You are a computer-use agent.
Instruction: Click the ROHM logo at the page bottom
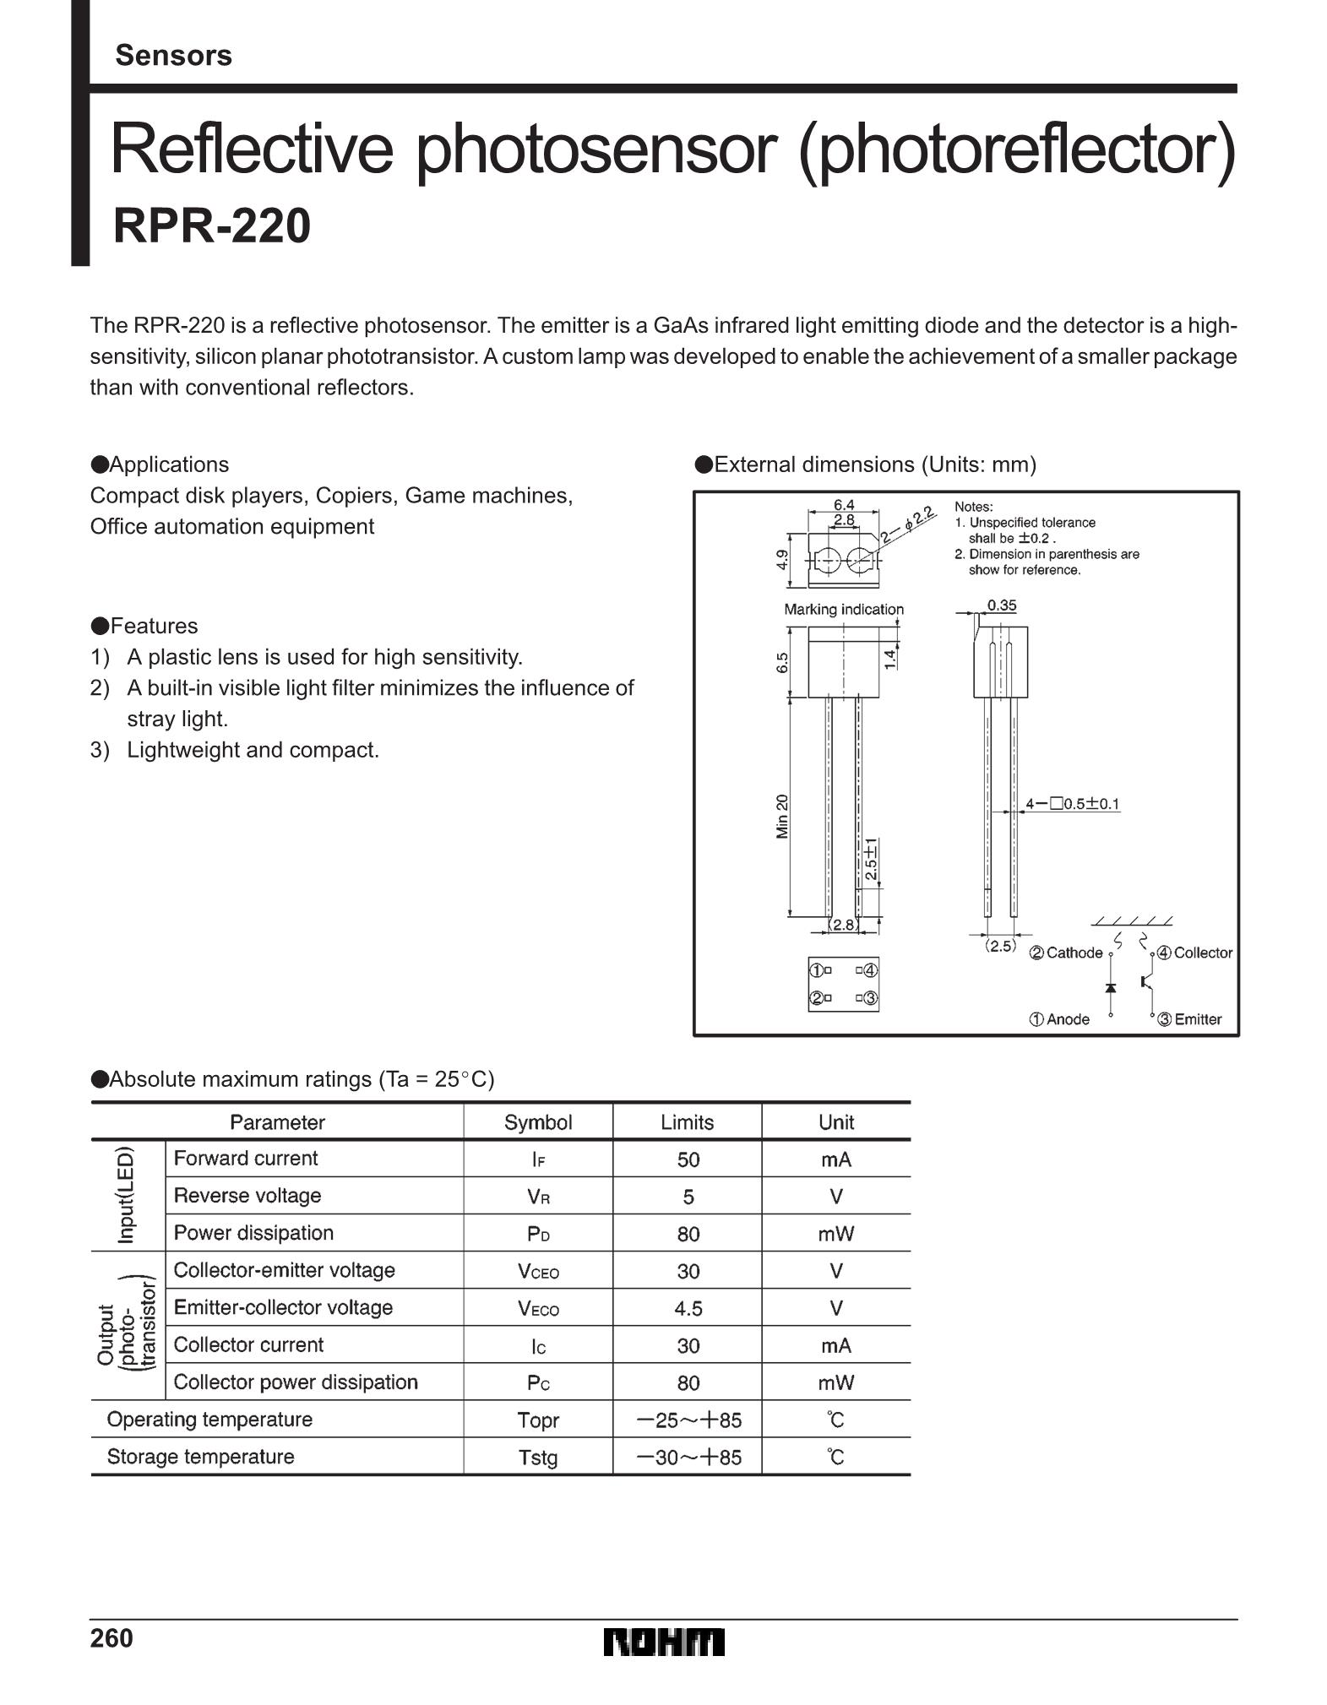[664, 1643]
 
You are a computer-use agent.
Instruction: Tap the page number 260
[111, 1638]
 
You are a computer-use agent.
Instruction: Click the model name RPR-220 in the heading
[212, 225]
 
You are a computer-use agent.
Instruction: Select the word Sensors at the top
[173, 55]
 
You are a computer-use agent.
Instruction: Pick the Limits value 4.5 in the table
[688, 1308]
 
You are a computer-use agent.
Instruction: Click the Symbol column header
[538, 1121]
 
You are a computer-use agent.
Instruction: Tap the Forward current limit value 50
[688, 1159]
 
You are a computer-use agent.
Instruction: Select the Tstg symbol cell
[538, 1458]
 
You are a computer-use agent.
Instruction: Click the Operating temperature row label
[209, 1420]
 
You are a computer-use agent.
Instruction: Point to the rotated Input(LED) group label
[126, 1195]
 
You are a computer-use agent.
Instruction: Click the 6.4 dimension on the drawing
[844, 505]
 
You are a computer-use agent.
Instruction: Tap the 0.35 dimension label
[1002, 605]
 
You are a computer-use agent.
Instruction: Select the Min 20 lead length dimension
[782, 816]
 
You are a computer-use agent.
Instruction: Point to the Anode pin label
[1059, 1019]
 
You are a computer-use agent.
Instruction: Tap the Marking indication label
[844, 609]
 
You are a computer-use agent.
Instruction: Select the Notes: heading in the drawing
[974, 507]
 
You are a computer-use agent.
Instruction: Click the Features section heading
[144, 626]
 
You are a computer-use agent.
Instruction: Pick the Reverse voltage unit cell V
[836, 1197]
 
